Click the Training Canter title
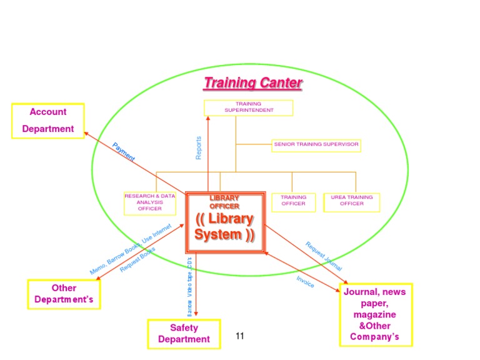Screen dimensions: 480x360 [x=253, y=83]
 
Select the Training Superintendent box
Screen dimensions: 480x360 [x=249, y=107]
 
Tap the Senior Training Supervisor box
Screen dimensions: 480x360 [x=316, y=144]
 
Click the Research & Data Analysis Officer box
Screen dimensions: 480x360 [x=150, y=203]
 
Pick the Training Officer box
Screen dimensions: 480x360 [x=293, y=201]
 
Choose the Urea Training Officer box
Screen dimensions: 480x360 [x=352, y=201]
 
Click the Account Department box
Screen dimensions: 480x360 [x=48, y=121]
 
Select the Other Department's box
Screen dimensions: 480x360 [x=64, y=294]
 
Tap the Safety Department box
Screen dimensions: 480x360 [x=184, y=334]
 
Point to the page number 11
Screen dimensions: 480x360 [x=239, y=336]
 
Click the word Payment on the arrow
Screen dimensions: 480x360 [x=124, y=152]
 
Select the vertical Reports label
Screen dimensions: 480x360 [x=199, y=148]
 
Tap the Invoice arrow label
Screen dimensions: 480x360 [x=305, y=282]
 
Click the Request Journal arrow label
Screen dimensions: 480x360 [x=323, y=256]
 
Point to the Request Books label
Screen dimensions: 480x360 [x=137, y=259]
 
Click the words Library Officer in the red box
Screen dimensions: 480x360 [x=224, y=202]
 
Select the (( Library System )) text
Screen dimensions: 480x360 [x=224, y=227]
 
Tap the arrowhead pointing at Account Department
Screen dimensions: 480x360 [x=87, y=133]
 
